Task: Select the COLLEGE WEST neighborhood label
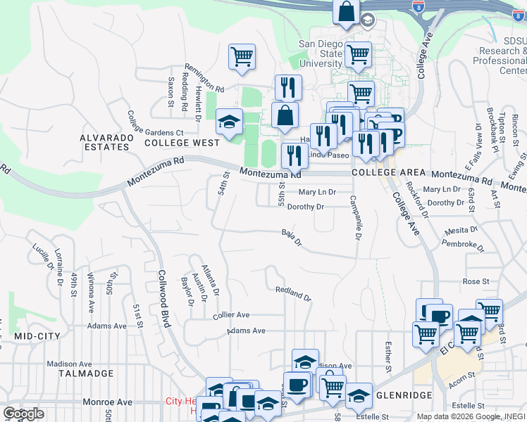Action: tap(182, 142)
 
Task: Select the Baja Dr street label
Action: tap(291, 238)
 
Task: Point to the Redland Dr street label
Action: tap(294, 293)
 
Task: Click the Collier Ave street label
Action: tap(231, 316)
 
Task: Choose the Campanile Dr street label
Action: tap(355, 219)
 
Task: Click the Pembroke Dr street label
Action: tap(463, 245)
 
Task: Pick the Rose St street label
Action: tap(476, 281)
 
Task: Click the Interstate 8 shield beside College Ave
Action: tap(418, 6)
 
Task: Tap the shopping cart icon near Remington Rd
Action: tap(242, 56)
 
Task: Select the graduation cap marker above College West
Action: tap(229, 121)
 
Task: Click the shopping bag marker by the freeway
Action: tap(347, 12)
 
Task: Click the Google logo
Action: tap(23, 414)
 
